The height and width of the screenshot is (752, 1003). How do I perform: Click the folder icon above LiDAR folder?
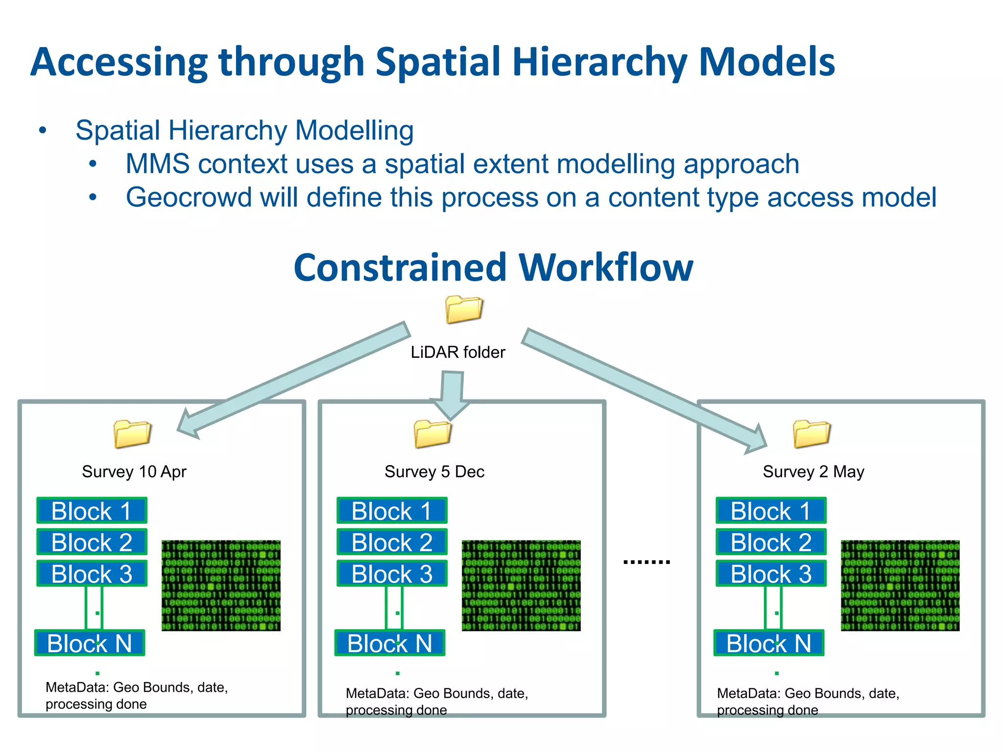(x=464, y=309)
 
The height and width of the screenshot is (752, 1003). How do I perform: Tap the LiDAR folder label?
(x=457, y=352)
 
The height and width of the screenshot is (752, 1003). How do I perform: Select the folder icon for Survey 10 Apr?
(x=132, y=434)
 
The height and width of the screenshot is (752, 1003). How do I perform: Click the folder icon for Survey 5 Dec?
(x=432, y=434)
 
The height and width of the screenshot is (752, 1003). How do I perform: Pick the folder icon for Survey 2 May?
(x=812, y=434)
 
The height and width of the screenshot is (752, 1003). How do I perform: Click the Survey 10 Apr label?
(x=134, y=471)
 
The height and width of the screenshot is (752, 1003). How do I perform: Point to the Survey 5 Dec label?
(x=434, y=471)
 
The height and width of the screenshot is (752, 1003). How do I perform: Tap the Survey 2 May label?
(x=813, y=471)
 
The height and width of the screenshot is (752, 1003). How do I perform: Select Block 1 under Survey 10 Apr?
(x=92, y=511)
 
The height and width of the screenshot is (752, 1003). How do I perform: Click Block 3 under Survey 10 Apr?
(x=92, y=573)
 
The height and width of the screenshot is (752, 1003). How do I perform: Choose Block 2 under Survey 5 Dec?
(x=392, y=542)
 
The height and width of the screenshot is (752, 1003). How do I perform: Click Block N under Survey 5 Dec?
(x=390, y=643)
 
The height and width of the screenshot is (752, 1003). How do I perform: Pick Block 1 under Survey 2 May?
(x=771, y=511)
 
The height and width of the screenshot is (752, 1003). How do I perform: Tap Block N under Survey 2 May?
(x=769, y=643)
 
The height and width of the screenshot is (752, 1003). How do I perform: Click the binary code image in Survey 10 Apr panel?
(x=221, y=586)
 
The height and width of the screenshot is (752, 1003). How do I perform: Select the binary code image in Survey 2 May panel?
(x=900, y=586)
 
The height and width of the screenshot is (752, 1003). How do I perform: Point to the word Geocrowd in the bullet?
(x=188, y=197)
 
